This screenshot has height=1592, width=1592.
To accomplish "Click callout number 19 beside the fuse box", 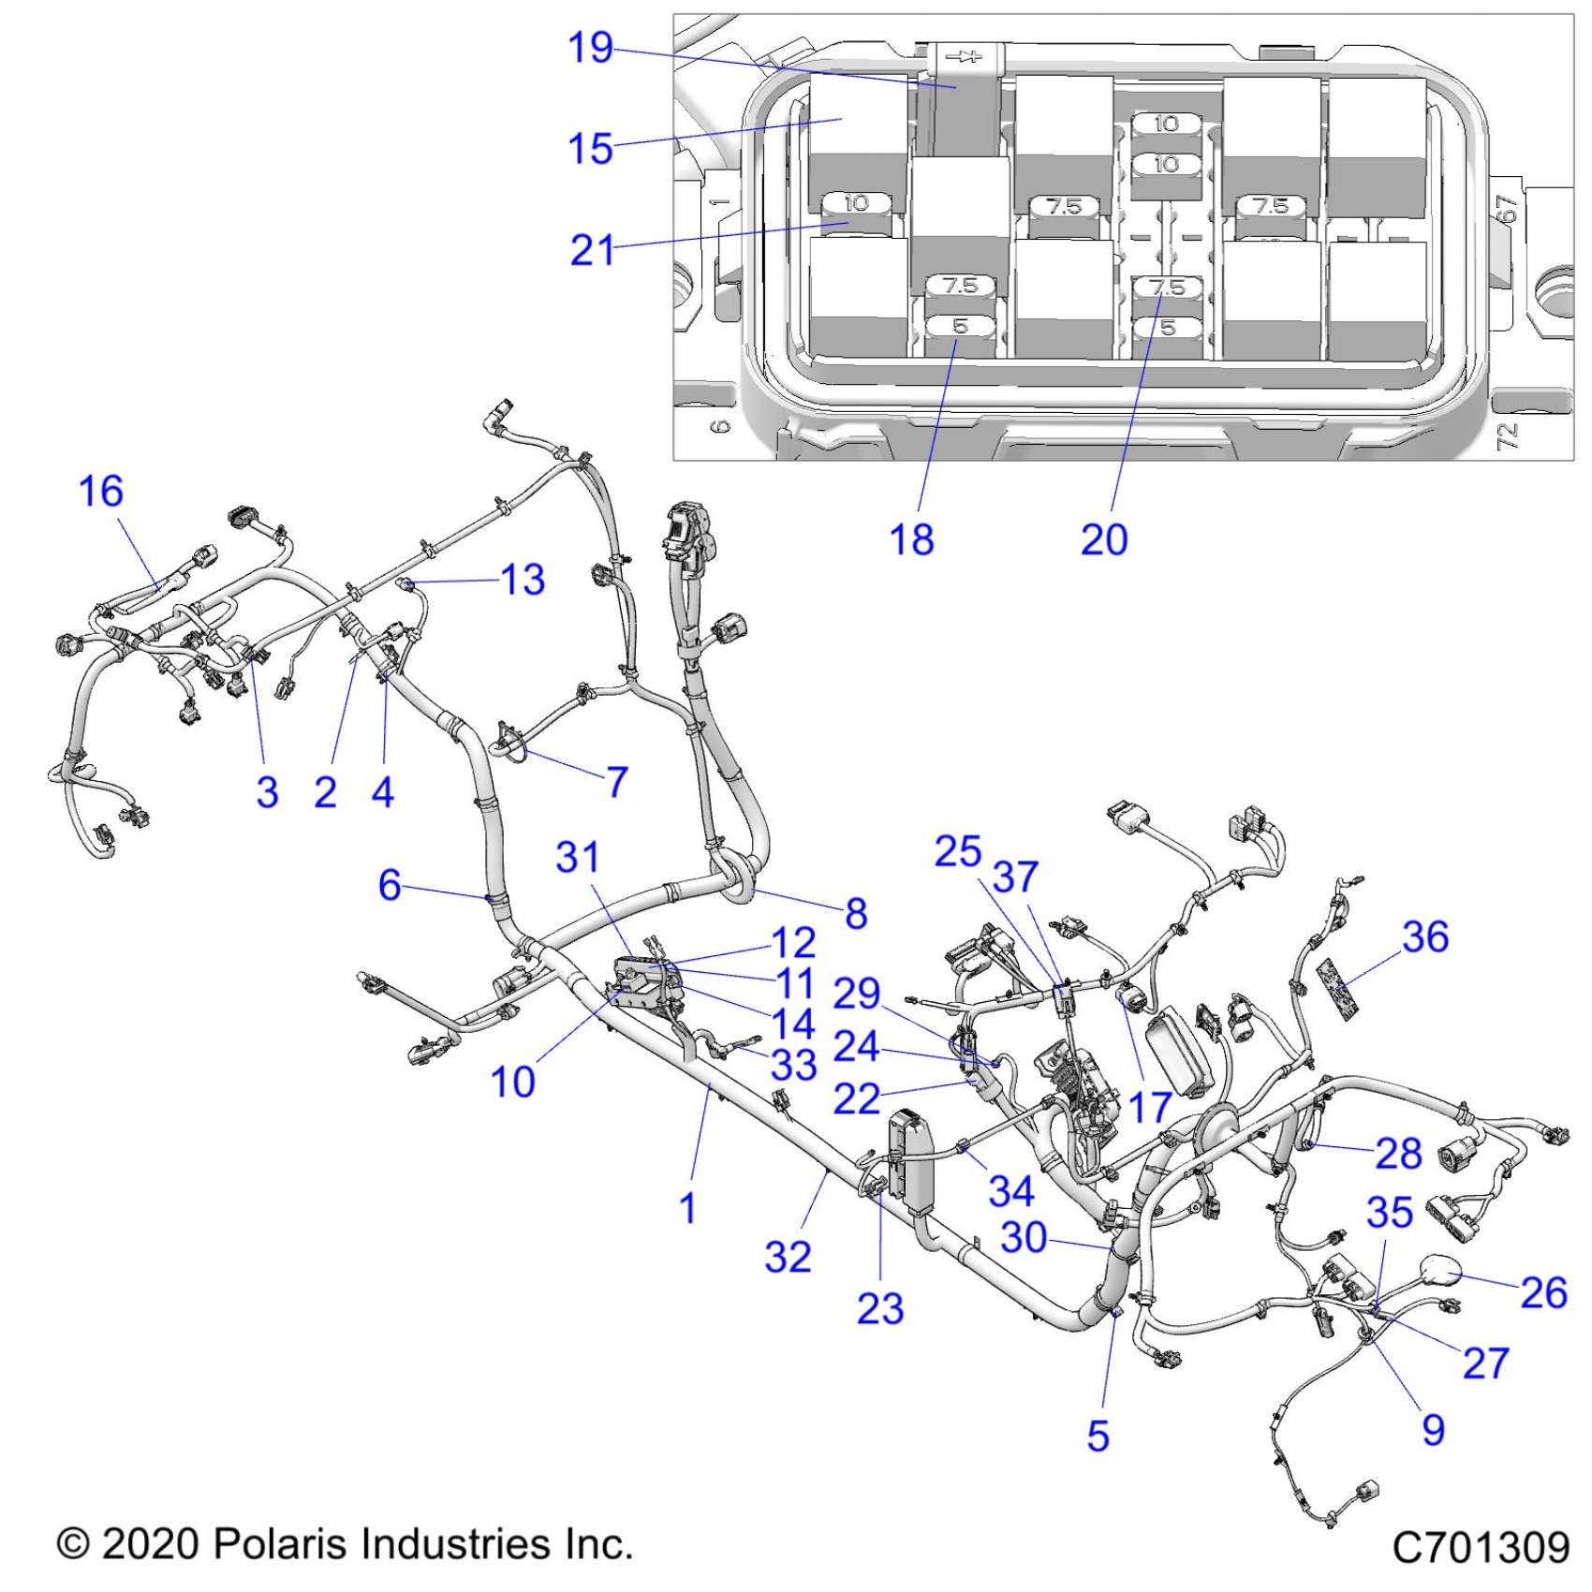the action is click(x=590, y=47).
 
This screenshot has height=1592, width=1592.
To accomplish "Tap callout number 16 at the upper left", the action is click(x=100, y=492).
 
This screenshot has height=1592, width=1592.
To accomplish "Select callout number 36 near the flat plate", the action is click(x=1425, y=936).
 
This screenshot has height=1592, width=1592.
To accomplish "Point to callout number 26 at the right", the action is click(x=1543, y=1292).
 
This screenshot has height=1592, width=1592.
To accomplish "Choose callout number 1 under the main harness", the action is click(x=688, y=1208).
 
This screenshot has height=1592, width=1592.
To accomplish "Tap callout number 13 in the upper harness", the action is click(x=523, y=580).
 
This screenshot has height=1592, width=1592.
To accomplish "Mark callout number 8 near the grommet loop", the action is click(x=856, y=913).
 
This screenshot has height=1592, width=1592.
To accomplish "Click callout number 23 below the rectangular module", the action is click(x=880, y=1309).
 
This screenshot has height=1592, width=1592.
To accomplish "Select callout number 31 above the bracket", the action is click(x=577, y=857).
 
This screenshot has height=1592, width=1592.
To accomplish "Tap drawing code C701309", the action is click(x=1481, y=1547).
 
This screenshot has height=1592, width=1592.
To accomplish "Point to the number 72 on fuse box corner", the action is click(x=1506, y=435).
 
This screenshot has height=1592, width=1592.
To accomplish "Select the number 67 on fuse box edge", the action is click(x=1504, y=208).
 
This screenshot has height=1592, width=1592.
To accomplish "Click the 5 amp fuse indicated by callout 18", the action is click(x=960, y=327).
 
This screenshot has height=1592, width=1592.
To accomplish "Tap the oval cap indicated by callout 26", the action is click(x=1439, y=1272).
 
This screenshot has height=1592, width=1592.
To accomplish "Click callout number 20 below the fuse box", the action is click(x=1104, y=540).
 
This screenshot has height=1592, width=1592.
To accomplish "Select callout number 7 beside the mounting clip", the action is click(x=616, y=781).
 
